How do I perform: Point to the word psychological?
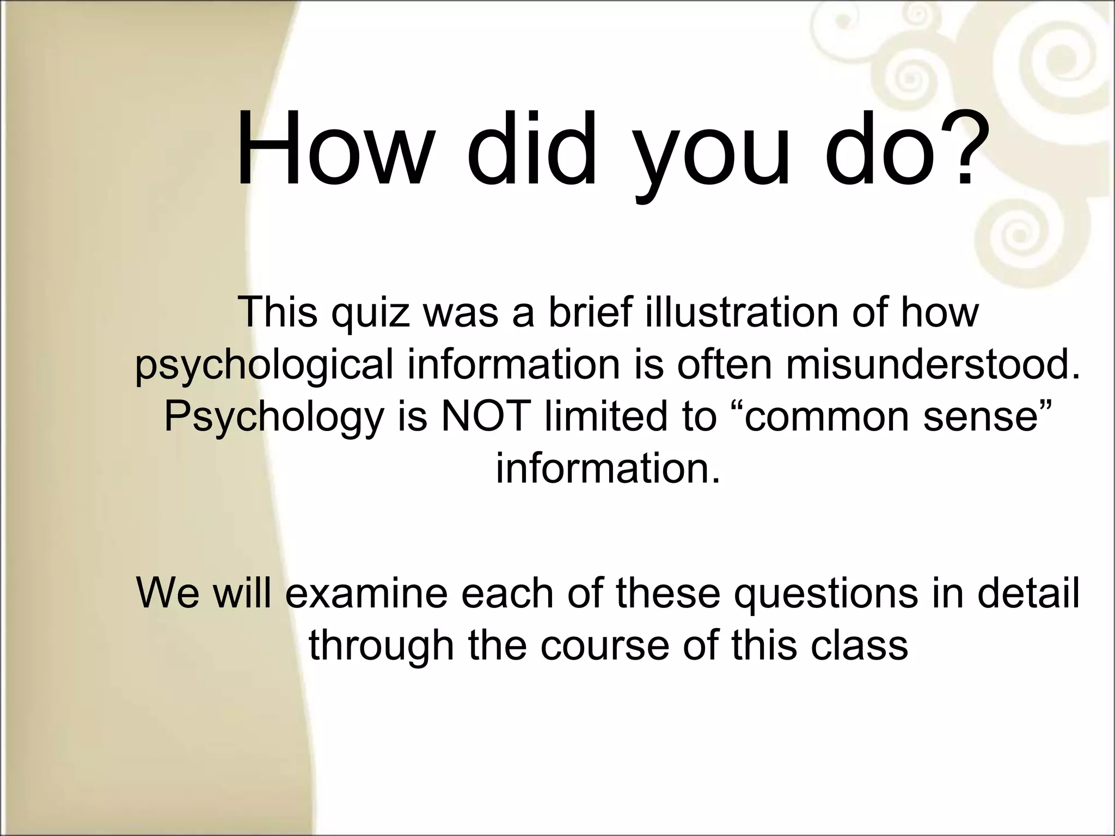(x=264, y=366)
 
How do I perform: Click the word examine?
(x=366, y=593)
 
